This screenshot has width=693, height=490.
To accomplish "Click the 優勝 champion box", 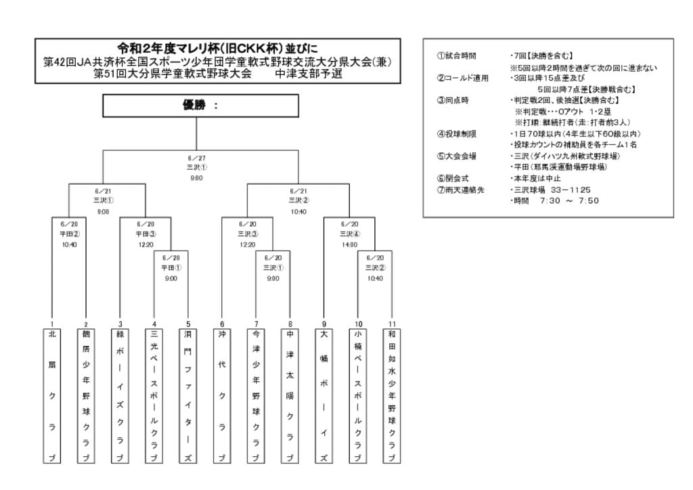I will pyautogui.click(x=200, y=106).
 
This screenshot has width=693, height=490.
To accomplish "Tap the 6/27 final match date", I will pyautogui.click(x=196, y=158).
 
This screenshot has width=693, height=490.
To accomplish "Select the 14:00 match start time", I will pyautogui.click(x=349, y=244).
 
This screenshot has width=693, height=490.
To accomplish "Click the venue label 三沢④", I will pyautogui.click(x=349, y=234).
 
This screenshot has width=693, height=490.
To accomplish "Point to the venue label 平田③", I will pyautogui.click(x=146, y=234).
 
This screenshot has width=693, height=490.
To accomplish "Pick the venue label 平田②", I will pyautogui.click(x=69, y=234).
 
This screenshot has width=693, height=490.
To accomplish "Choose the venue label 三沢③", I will pyautogui.click(x=247, y=234).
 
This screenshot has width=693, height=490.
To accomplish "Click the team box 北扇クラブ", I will pyautogui.click(x=52, y=396).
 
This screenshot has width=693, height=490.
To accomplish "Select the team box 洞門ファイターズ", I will pyautogui.click(x=188, y=396).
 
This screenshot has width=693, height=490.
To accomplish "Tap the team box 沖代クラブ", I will pyautogui.click(x=222, y=396).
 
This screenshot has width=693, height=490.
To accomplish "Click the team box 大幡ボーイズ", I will pyautogui.click(x=324, y=396).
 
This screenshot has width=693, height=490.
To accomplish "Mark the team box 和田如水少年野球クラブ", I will pyautogui.click(x=392, y=396).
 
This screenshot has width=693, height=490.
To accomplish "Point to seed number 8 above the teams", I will pyautogui.click(x=290, y=324).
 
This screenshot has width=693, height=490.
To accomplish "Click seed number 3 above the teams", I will pyautogui.click(x=120, y=324).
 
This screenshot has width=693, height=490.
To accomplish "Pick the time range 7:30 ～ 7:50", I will pyautogui.click(x=568, y=201).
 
